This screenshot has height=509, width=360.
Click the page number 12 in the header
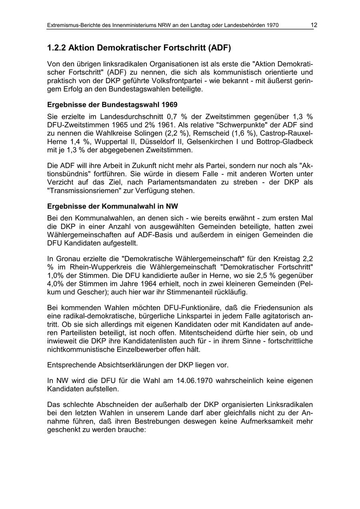click(x=314, y=25)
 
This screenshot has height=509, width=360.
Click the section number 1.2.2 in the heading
click(x=56, y=48)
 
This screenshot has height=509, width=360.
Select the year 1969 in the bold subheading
click(x=169, y=104)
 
